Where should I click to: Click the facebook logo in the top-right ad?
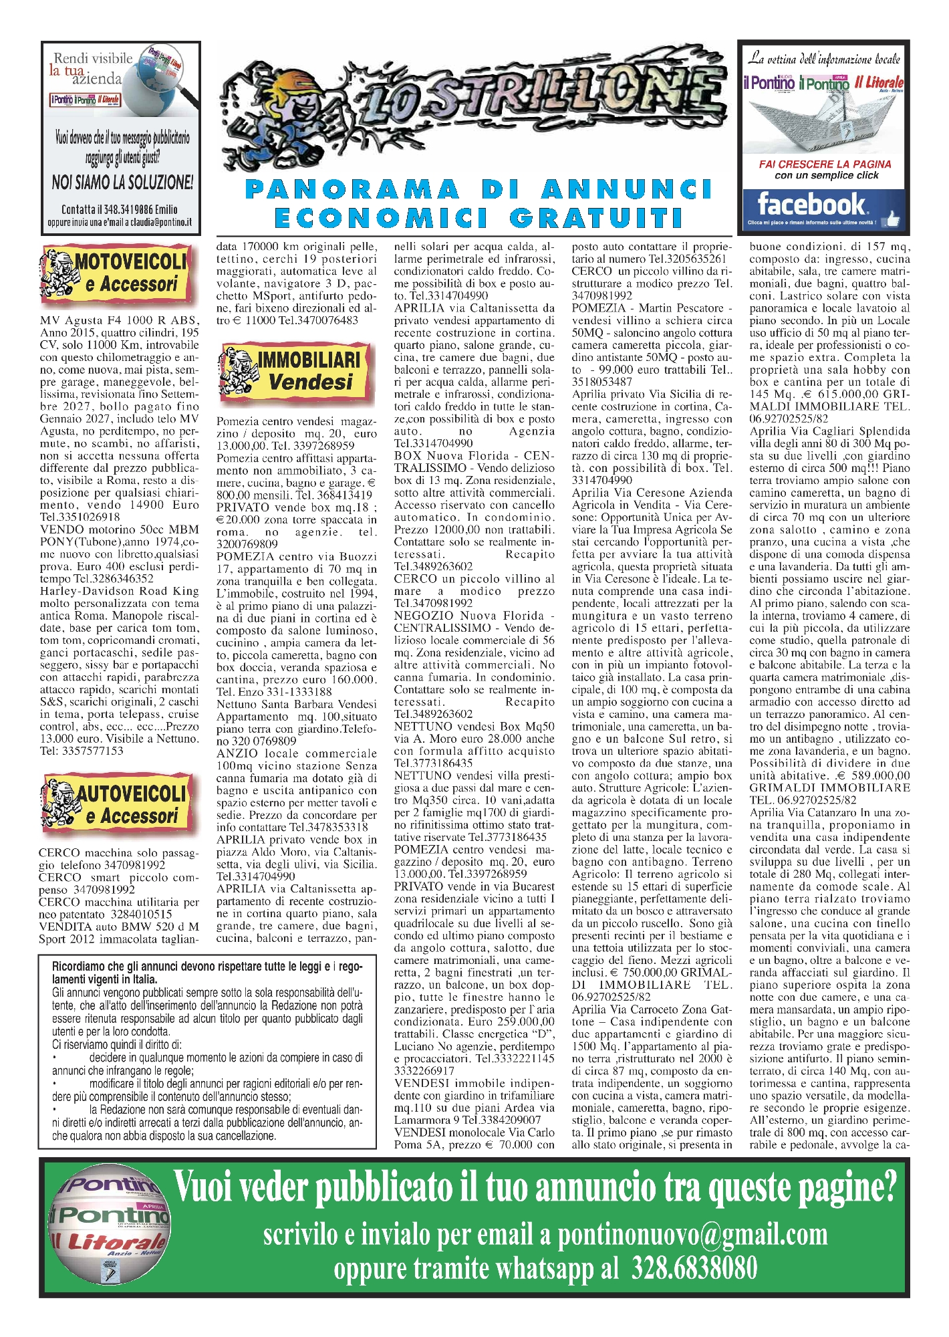pyautogui.click(x=810, y=204)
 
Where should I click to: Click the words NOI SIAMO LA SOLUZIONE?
pyautogui.click(x=122, y=181)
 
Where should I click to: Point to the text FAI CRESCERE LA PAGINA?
pyautogui.click(x=825, y=164)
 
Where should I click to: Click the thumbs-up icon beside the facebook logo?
pyautogui.click(x=890, y=218)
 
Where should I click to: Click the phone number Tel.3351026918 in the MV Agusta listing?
pyautogui.click(x=80, y=517)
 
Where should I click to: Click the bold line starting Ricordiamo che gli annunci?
pyautogui.click(x=207, y=973)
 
